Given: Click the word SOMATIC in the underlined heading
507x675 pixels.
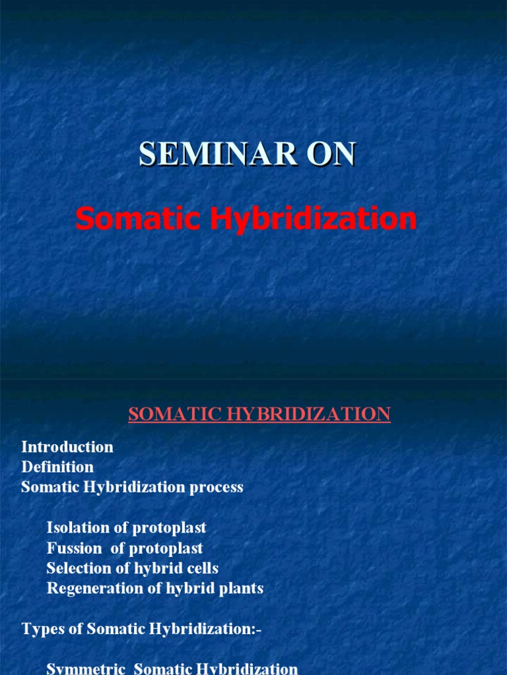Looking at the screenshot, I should pos(169,414).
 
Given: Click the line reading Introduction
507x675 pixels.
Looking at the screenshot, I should pos(67,447).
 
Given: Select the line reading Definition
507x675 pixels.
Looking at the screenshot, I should pos(57,467).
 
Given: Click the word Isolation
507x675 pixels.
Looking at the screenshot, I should pos(77,528).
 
